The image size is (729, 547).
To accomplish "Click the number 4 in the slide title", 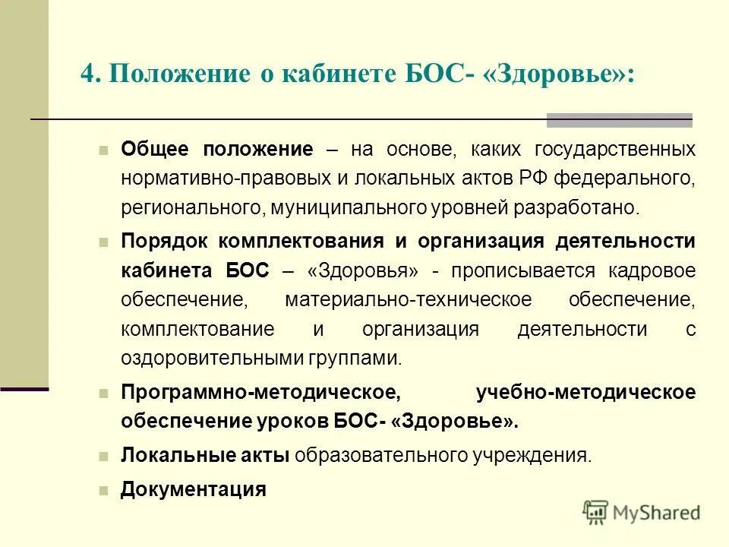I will (87, 74).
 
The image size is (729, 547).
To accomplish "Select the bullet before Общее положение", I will (104, 149).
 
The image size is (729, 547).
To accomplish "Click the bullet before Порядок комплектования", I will (104, 242).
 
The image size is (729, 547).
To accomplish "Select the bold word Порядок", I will (166, 242).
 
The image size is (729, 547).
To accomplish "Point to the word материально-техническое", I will (409, 299).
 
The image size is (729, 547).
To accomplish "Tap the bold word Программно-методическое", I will (259, 392).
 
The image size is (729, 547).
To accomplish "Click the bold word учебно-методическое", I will (585, 392).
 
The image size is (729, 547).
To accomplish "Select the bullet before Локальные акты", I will (104, 456).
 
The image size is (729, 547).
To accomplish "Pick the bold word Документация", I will (194, 489).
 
